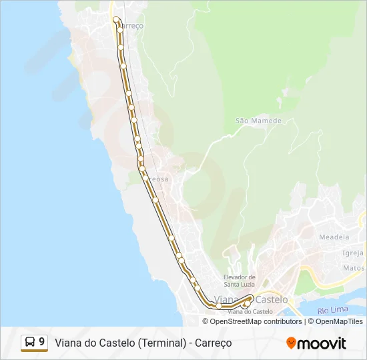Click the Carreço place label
coord(131,26)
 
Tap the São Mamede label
coord(259,121)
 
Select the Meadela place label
coord(334,237)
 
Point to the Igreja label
coord(352,253)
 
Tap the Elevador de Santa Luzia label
coord(240,281)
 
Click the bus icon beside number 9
coord(30,342)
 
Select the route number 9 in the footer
coord(42,342)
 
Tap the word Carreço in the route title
coord(214,343)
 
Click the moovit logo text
coord(322,343)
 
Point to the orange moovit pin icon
coord(291,343)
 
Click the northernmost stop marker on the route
coord(116,19)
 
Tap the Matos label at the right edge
coord(354,268)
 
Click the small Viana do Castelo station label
coord(250,311)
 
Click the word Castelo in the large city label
coord(272,299)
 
